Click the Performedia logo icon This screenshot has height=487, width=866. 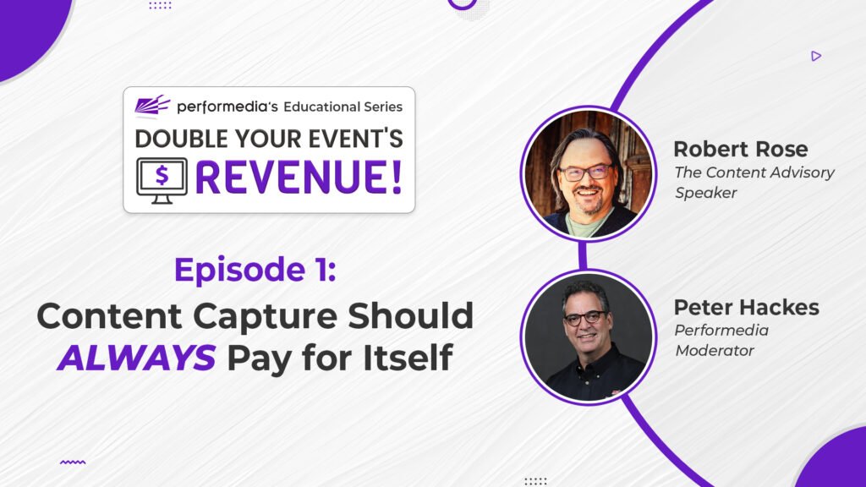[152, 105]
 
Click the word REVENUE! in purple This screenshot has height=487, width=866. [299, 178]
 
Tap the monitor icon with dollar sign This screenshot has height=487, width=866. [162, 181]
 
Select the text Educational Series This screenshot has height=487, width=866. [343, 107]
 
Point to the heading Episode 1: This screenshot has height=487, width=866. [255, 270]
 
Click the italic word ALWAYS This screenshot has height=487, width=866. [136, 358]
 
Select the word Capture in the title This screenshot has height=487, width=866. [265, 317]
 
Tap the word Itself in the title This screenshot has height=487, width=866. [408, 358]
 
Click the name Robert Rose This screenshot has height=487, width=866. [741, 149]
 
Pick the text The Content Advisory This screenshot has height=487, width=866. [754, 172]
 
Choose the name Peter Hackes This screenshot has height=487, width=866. [746, 307]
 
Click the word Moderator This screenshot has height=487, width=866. [715, 351]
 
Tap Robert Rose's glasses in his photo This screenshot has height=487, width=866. [585, 173]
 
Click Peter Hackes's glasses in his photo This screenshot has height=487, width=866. [584, 318]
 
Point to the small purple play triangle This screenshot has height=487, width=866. [816, 56]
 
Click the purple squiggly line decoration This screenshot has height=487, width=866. [73, 462]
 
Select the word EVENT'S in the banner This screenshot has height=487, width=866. [356, 139]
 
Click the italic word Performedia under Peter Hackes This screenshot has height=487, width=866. [721, 331]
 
